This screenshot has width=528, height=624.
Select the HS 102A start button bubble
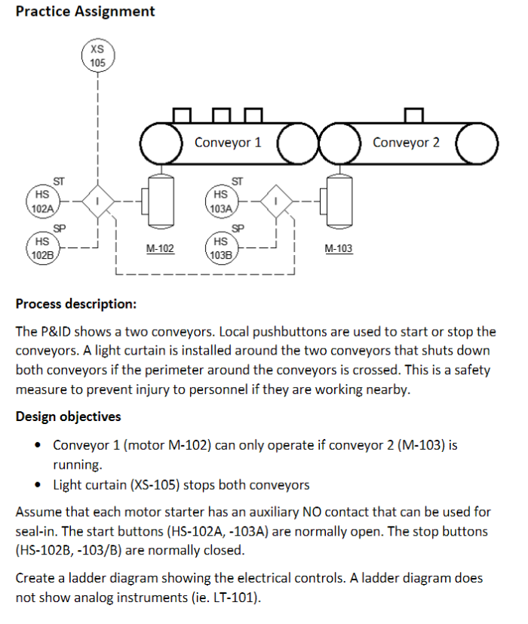pos(42,201)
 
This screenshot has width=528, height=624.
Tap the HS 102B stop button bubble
pos(42,248)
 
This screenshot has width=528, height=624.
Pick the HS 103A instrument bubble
pos(221,201)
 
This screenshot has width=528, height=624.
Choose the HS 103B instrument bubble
pos(221,248)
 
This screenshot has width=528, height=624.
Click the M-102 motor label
pos(160,248)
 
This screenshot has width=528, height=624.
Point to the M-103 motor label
pos(338,248)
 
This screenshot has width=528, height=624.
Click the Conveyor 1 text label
pos(228,143)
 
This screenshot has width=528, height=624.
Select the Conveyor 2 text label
pos(406,143)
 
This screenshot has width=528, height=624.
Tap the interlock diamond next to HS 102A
pos(97,201)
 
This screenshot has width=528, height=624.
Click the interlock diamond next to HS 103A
pos(276,201)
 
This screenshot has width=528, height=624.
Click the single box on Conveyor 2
pos(412,115)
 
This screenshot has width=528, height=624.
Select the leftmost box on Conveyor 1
pos(182,115)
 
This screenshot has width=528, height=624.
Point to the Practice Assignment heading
pos(85,11)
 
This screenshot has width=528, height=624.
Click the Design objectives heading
pos(68,417)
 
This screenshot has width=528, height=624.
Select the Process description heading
pos(76,304)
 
